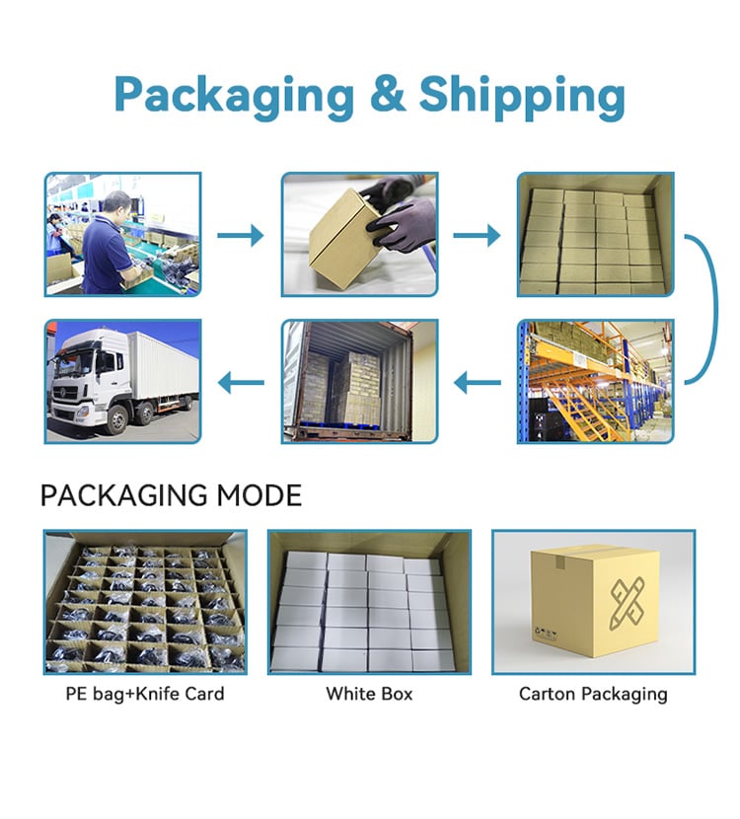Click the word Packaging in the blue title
pyautogui.click(x=235, y=96)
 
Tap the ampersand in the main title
pyautogui.click(x=387, y=93)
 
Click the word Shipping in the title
pyautogui.click(x=522, y=96)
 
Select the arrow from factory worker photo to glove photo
pyautogui.click(x=240, y=235)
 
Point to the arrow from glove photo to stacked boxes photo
pyautogui.click(x=477, y=235)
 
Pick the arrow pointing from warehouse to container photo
pyautogui.click(x=478, y=383)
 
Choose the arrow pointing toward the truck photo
pyautogui.click(x=241, y=383)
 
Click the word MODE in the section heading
pyautogui.click(x=259, y=495)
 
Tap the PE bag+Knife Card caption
pyautogui.click(x=145, y=694)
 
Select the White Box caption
pyautogui.click(x=369, y=694)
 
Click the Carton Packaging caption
pyautogui.click(x=593, y=694)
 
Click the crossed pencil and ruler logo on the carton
pyautogui.click(x=628, y=602)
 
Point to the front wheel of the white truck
pyautogui.click(x=117, y=421)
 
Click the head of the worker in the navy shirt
pyautogui.click(x=116, y=204)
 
